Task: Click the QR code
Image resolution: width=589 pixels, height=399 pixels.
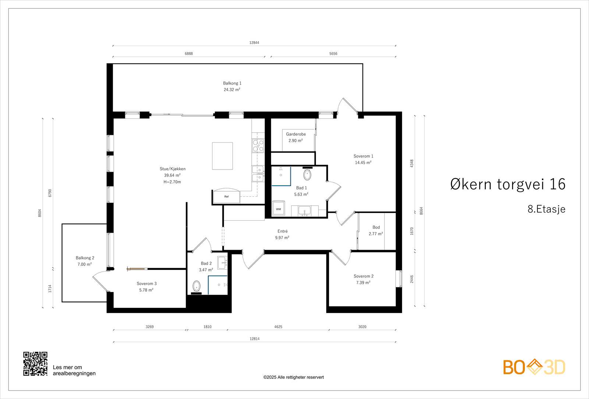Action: [35, 364]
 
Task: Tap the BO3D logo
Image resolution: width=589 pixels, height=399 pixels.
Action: [534, 367]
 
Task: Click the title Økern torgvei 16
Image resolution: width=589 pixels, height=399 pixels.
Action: [508, 184]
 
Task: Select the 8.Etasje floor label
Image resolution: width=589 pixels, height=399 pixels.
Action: [546, 209]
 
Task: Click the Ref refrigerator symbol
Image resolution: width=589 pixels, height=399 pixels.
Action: [226, 196]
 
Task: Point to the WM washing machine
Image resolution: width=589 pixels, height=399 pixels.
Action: [278, 208]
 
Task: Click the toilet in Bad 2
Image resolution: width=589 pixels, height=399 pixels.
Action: [197, 287]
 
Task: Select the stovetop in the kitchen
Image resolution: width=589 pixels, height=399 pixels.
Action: [258, 146]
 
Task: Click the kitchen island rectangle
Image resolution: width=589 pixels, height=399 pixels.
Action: [222, 156]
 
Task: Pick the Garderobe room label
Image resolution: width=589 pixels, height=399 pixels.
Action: [296, 134]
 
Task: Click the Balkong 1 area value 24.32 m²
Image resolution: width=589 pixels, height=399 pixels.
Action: [232, 90]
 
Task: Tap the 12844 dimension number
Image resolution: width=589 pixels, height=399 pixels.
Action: [254, 43]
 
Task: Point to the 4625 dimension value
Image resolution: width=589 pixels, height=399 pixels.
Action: [278, 327]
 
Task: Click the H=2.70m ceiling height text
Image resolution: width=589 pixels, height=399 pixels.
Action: [172, 182]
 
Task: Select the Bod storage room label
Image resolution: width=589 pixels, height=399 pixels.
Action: [376, 227]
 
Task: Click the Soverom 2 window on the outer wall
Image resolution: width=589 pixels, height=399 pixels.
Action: [399, 279]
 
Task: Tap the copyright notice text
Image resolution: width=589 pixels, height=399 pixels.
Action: [293, 377]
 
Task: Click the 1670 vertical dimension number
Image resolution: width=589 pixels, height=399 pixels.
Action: [412, 231]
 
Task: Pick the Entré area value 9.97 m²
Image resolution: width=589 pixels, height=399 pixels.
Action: [282, 238]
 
